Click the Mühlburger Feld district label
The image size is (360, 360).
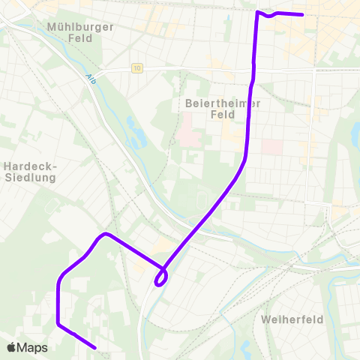click(79, 32)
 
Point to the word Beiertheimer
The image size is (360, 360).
click(218, 103)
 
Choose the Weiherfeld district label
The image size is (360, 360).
click(292, 319)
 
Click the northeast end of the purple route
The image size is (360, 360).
click(301, 14)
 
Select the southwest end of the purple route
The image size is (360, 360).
click(94, 347)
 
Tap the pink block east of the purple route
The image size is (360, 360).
click(271, 146)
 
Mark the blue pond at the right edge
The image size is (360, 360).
click(355, 136)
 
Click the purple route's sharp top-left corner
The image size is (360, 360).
click(258, 12)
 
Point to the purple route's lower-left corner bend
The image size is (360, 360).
click(58, 323)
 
